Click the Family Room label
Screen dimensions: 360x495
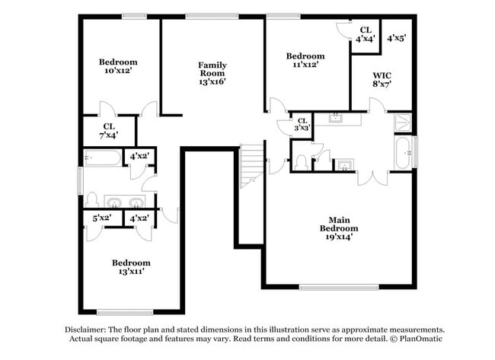[x=212, y=73]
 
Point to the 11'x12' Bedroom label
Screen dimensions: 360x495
[x=305, y=60]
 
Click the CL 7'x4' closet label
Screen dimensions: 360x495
[x=109, y=131]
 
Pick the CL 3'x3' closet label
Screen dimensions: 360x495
[x=302, y=124]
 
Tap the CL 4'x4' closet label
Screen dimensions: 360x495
[x=366, y=33]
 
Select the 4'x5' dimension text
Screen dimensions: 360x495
[x=396, y=37]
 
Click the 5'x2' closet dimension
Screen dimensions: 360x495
[x=102, y=218]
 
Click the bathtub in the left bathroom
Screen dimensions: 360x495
[x=103, y=158]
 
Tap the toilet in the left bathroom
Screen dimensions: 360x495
[x=91, y=199]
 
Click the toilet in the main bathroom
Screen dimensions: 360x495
[x=301, y=162]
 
